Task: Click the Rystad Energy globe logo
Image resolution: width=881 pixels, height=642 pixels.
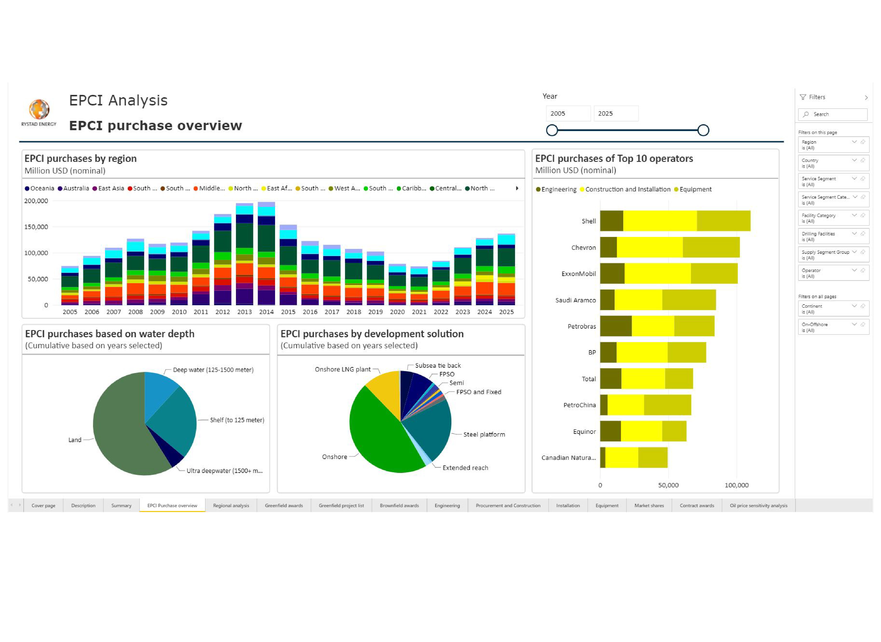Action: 39,109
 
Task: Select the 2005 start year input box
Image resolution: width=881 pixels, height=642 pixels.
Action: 568,113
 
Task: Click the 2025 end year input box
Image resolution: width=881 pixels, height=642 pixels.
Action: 615,113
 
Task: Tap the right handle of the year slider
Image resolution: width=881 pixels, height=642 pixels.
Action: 703,130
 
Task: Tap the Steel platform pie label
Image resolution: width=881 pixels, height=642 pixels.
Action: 484,434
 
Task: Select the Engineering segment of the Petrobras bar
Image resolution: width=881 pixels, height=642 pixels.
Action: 615,326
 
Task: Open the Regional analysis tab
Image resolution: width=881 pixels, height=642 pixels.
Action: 231,506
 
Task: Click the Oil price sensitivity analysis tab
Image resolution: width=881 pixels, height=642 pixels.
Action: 758,506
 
